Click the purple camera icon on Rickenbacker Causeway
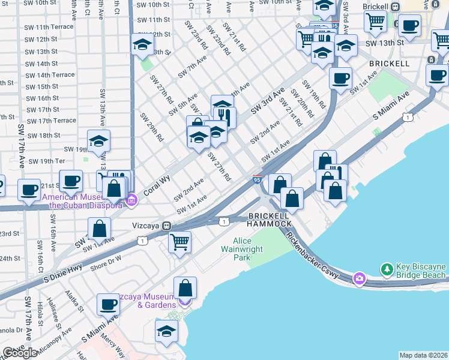tap(360, 277)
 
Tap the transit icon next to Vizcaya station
tap(166, 226)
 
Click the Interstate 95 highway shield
tap(257, 179)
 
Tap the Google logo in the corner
tap(20, 353)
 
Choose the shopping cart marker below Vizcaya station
tap(179, 242)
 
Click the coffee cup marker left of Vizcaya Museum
tap(108, 304)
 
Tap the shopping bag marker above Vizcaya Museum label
tap(185, 287)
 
